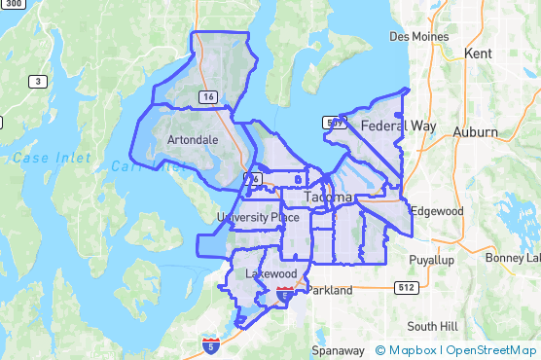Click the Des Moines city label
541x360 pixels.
pos(419,36)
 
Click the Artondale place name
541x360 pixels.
pos(193,140)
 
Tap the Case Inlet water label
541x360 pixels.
pos(52,158)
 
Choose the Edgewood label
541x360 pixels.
pos(436,210)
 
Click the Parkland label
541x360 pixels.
pos(329,290)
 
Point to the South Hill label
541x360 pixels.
pos(432,326)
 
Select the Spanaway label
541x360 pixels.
pos(338,349)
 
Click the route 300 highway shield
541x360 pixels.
pos(11,4)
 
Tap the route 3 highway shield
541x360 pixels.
pos(38,82)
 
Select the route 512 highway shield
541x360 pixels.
pos(406,287)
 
